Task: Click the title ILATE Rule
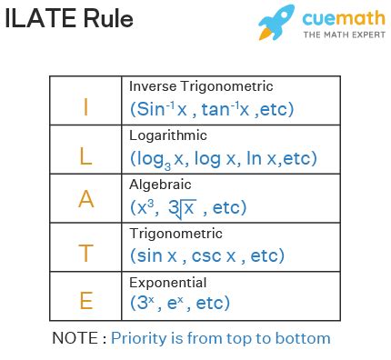(68, 19)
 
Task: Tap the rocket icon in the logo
(276, 21)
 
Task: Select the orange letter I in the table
(85, 107)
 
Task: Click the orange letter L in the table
(85, 156)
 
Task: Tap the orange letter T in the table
(85, 254)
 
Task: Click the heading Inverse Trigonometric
(201, 86)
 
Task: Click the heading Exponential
(168, 282)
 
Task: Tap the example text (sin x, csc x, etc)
(207, 255)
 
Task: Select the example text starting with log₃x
(223, 158)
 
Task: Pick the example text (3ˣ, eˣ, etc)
(180, 303)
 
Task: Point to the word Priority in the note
(144, 338)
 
